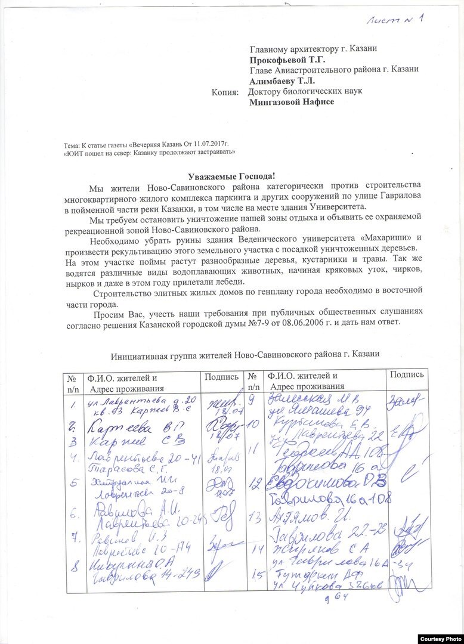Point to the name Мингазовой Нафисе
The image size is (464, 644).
click(291, 102)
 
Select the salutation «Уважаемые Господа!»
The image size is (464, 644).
click(231, 175)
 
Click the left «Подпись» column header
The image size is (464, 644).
click(222, 376)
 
